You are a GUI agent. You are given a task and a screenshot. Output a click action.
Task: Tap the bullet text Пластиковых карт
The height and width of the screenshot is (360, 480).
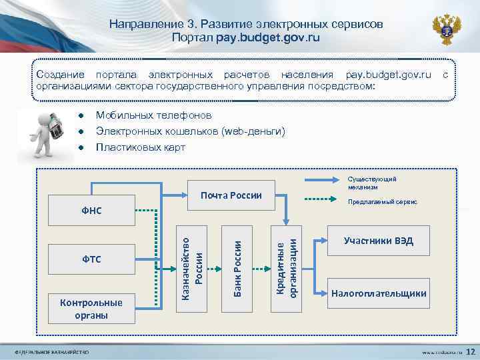point(141,147)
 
